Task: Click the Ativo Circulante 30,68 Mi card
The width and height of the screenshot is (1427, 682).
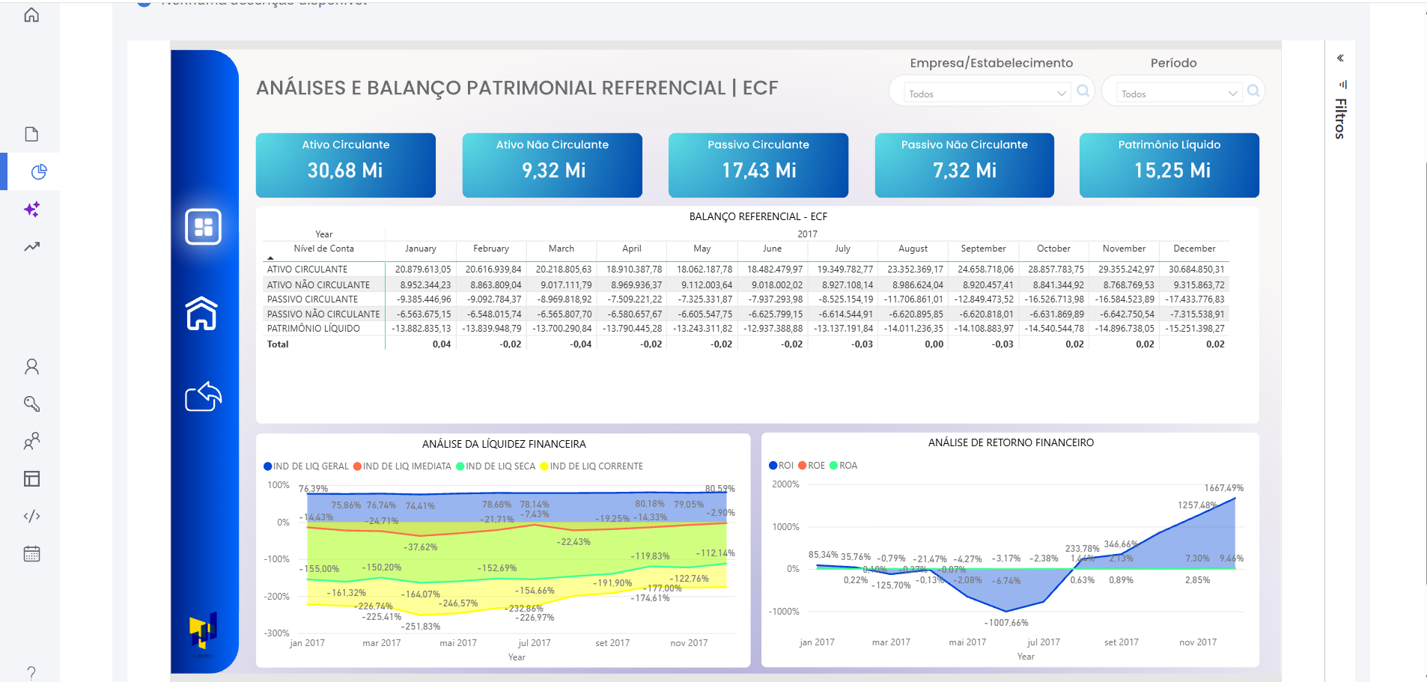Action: (345, 165)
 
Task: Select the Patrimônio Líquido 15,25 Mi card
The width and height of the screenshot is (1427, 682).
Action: (1169, 165)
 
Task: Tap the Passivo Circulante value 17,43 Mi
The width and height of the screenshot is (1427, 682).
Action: (758, 171)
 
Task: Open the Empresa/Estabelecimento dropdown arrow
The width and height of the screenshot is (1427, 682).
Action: (1061, 94)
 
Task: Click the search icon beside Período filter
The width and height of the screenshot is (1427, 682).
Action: (1253, 91)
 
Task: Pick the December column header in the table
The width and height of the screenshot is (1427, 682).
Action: (1193, 249)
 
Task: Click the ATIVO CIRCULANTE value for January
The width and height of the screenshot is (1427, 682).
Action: (423, 270)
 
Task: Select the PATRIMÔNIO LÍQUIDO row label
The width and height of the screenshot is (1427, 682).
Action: (313, 329)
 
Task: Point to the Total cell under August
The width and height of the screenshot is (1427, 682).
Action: (933, 344)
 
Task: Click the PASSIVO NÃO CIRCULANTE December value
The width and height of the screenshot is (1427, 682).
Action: (1197, 314)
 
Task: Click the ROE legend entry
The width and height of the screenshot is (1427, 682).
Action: (812, 466)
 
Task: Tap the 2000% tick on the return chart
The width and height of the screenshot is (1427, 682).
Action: (785, 484)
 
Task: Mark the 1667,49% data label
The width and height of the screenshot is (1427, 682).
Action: (1223, 488)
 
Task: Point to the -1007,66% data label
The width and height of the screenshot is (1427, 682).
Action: (1005, 623)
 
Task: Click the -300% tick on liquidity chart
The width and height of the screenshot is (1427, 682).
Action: (276, 633)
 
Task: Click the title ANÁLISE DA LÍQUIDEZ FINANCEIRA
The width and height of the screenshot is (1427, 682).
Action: (504, 444)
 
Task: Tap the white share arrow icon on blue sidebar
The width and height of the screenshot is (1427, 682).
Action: (203, 397)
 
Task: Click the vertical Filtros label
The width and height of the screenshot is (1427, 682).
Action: (1340, 118)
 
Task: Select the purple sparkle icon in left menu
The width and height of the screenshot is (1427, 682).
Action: (31, 210)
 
